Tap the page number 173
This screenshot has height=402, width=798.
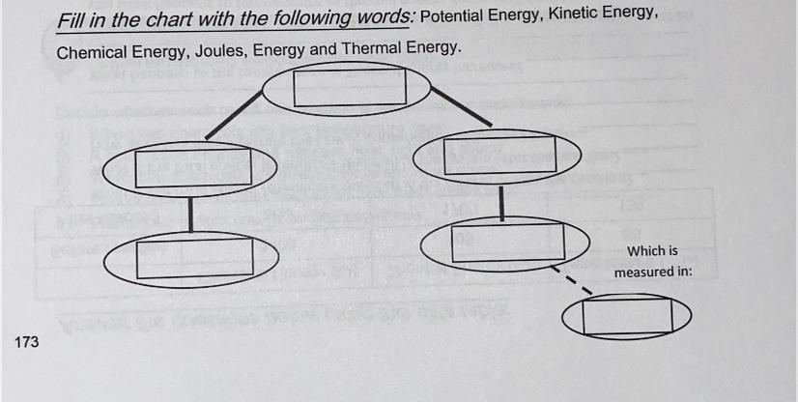click(27, 341)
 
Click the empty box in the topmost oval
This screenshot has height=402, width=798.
click(349, 87)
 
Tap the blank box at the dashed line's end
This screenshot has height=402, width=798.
click(627, 316)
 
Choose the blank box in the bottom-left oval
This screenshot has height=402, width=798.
click(194, 256)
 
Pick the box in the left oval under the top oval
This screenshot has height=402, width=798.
click(192, 168)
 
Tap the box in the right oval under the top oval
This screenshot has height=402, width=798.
click(499, 155)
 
